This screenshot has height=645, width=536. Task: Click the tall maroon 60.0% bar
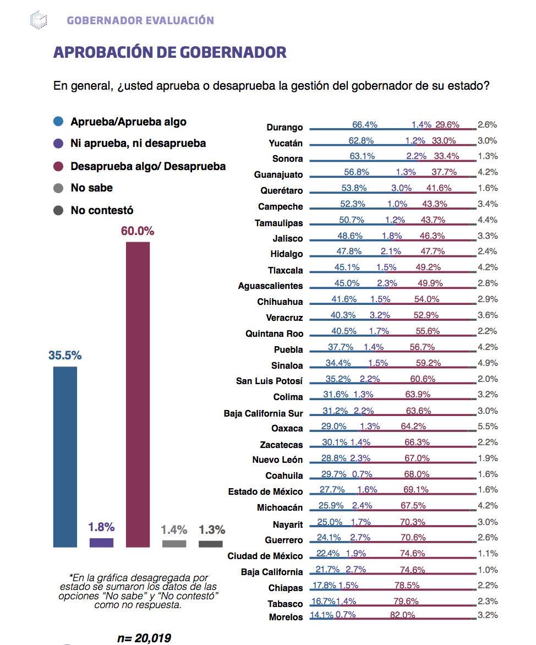click(138, 394)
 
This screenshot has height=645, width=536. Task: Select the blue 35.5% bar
click(65, 457)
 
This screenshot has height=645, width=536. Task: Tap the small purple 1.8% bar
click(101, 543)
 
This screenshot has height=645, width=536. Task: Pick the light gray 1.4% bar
click(174, 544)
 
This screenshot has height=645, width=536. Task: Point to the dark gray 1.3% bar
click(210, 544)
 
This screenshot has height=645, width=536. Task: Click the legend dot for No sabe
click(58, 188)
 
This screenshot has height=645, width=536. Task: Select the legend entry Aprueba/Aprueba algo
click(128, 122)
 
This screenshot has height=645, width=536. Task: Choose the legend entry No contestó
click(102, 210)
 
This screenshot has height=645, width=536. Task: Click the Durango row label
click(285, 127)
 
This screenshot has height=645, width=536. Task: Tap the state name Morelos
click(286, 617)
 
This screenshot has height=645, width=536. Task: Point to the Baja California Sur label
click(263, 413)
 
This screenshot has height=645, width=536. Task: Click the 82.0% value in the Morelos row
click(403, 615)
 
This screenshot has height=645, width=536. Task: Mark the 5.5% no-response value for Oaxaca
click(488, 426)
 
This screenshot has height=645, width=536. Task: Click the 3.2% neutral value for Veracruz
click(380, 315)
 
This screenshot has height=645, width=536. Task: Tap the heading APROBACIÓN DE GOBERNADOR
click(169, 52)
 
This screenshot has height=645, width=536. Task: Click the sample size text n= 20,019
click(144, 638)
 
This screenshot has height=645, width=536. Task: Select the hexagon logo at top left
click(39, 20)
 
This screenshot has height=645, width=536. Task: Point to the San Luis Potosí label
click(269, 381)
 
